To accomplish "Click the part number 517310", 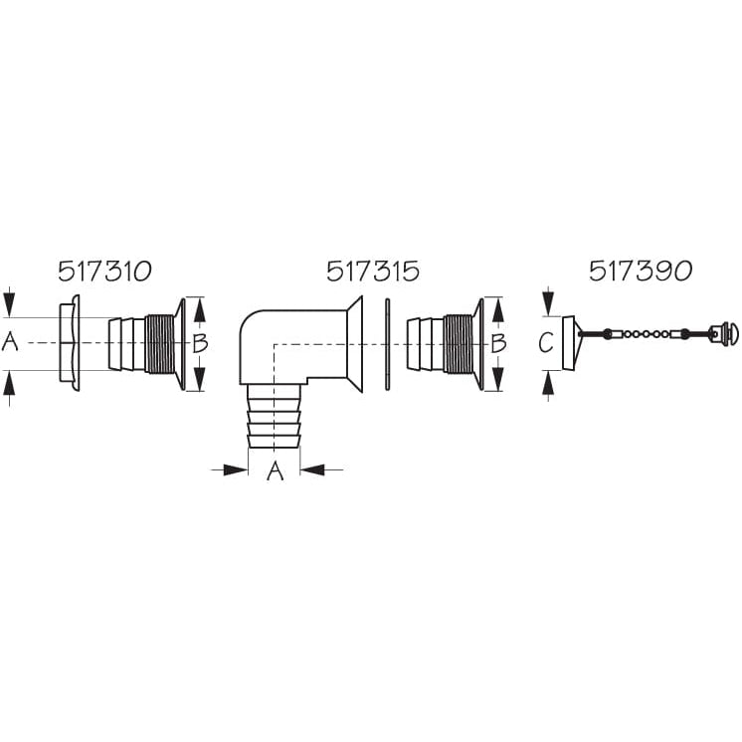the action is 104,272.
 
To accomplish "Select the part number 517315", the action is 373,272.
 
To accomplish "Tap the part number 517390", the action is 641,272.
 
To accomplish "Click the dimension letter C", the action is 546,342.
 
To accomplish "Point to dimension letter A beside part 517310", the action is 10,342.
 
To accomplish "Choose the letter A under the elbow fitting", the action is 275,470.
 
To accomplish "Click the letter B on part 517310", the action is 200,343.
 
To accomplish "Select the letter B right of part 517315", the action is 498,343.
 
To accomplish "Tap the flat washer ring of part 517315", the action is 388,344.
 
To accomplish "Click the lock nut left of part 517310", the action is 70,343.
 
